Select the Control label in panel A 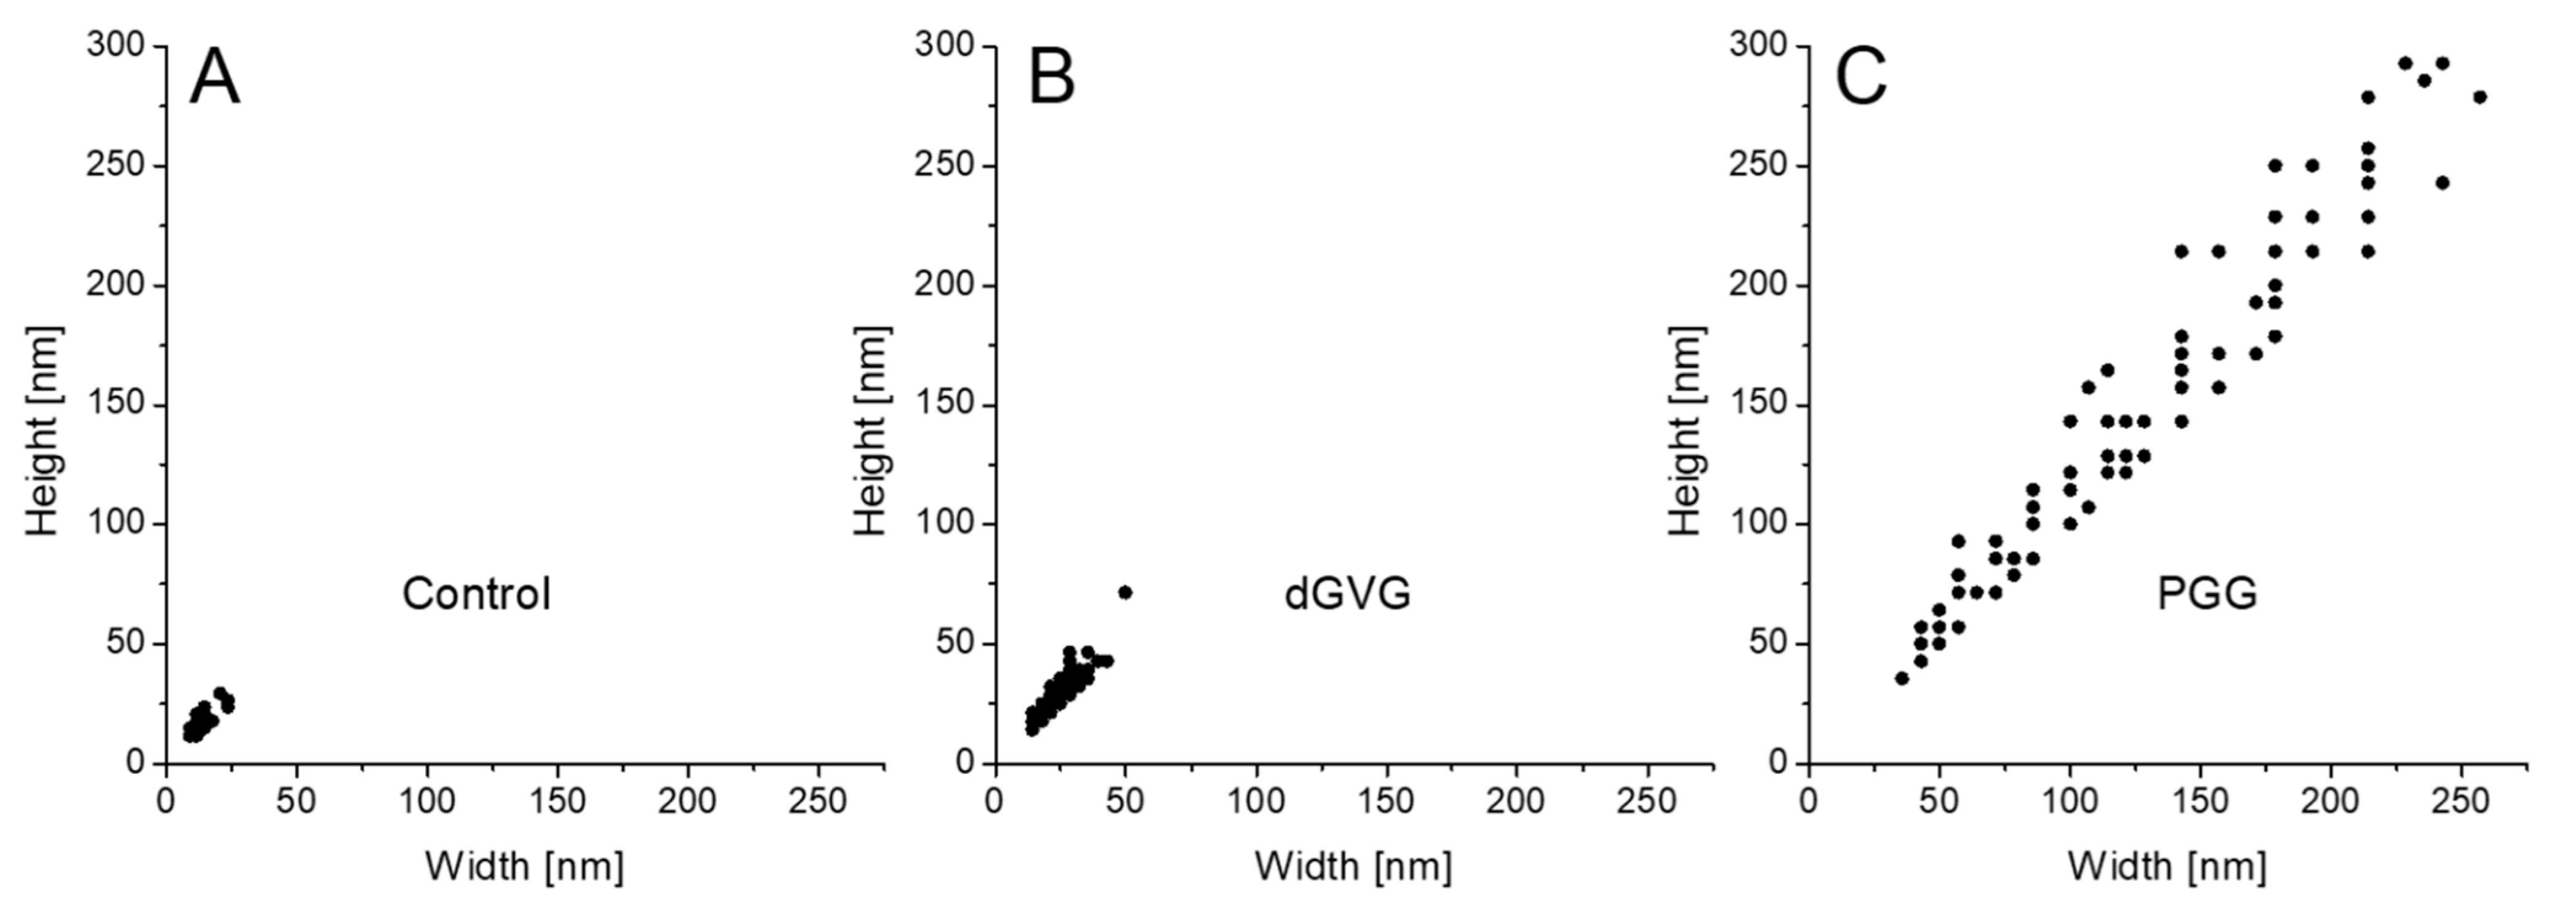pos(476,594)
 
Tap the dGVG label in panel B pos(1347,594)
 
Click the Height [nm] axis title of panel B pos(871,431)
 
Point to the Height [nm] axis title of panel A pos(42,431)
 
